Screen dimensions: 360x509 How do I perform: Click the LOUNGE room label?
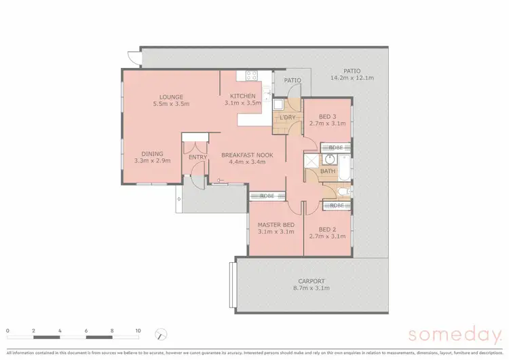click(171, 97)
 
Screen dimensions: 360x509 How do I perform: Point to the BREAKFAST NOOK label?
click(247, 155)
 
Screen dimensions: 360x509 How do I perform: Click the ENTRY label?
click(197, 158)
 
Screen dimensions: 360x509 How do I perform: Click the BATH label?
click(328, 171)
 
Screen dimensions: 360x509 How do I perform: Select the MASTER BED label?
click(276, 225)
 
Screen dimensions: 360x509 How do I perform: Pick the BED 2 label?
click(327, 230)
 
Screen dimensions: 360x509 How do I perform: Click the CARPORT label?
click(312, 281)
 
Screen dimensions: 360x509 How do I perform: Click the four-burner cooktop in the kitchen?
click(250, 76)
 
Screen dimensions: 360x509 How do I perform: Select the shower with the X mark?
click(311, 161)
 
